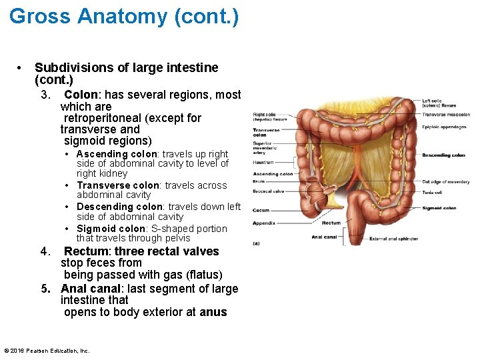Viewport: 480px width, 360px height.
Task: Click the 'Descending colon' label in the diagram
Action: pyautogui.click(x=443, y=155)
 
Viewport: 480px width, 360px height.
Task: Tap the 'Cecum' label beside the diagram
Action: pyautogui.click(x=261, y=210)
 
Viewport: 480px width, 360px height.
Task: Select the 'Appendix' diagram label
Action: pyautogui.click(x=263, y=223)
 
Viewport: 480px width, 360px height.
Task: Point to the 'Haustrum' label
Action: pyautogui.click(x=263, y=162)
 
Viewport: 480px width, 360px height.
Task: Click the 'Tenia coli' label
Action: pyautogui.click(x=431, y=192)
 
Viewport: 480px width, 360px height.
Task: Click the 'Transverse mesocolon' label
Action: pyautogui.click(x=445, y=114)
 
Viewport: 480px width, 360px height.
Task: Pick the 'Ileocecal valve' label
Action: pyautogui.click(x=269, y=191)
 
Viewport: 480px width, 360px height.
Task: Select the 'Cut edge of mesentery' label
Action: pyautogui.click(x=445, y=181)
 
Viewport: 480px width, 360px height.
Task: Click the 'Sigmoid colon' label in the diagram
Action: pyautogui.click(x=439, y=208)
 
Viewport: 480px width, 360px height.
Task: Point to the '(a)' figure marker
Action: pyautogui.click(x=257, y=243)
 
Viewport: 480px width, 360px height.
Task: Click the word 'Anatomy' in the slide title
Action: pyautogui.click(x=124, y=16)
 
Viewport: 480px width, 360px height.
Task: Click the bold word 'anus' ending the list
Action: pyautogui.click(x=213, y=312)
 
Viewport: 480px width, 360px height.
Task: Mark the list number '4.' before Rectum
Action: pyautogui.click(x=46, y=251)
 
